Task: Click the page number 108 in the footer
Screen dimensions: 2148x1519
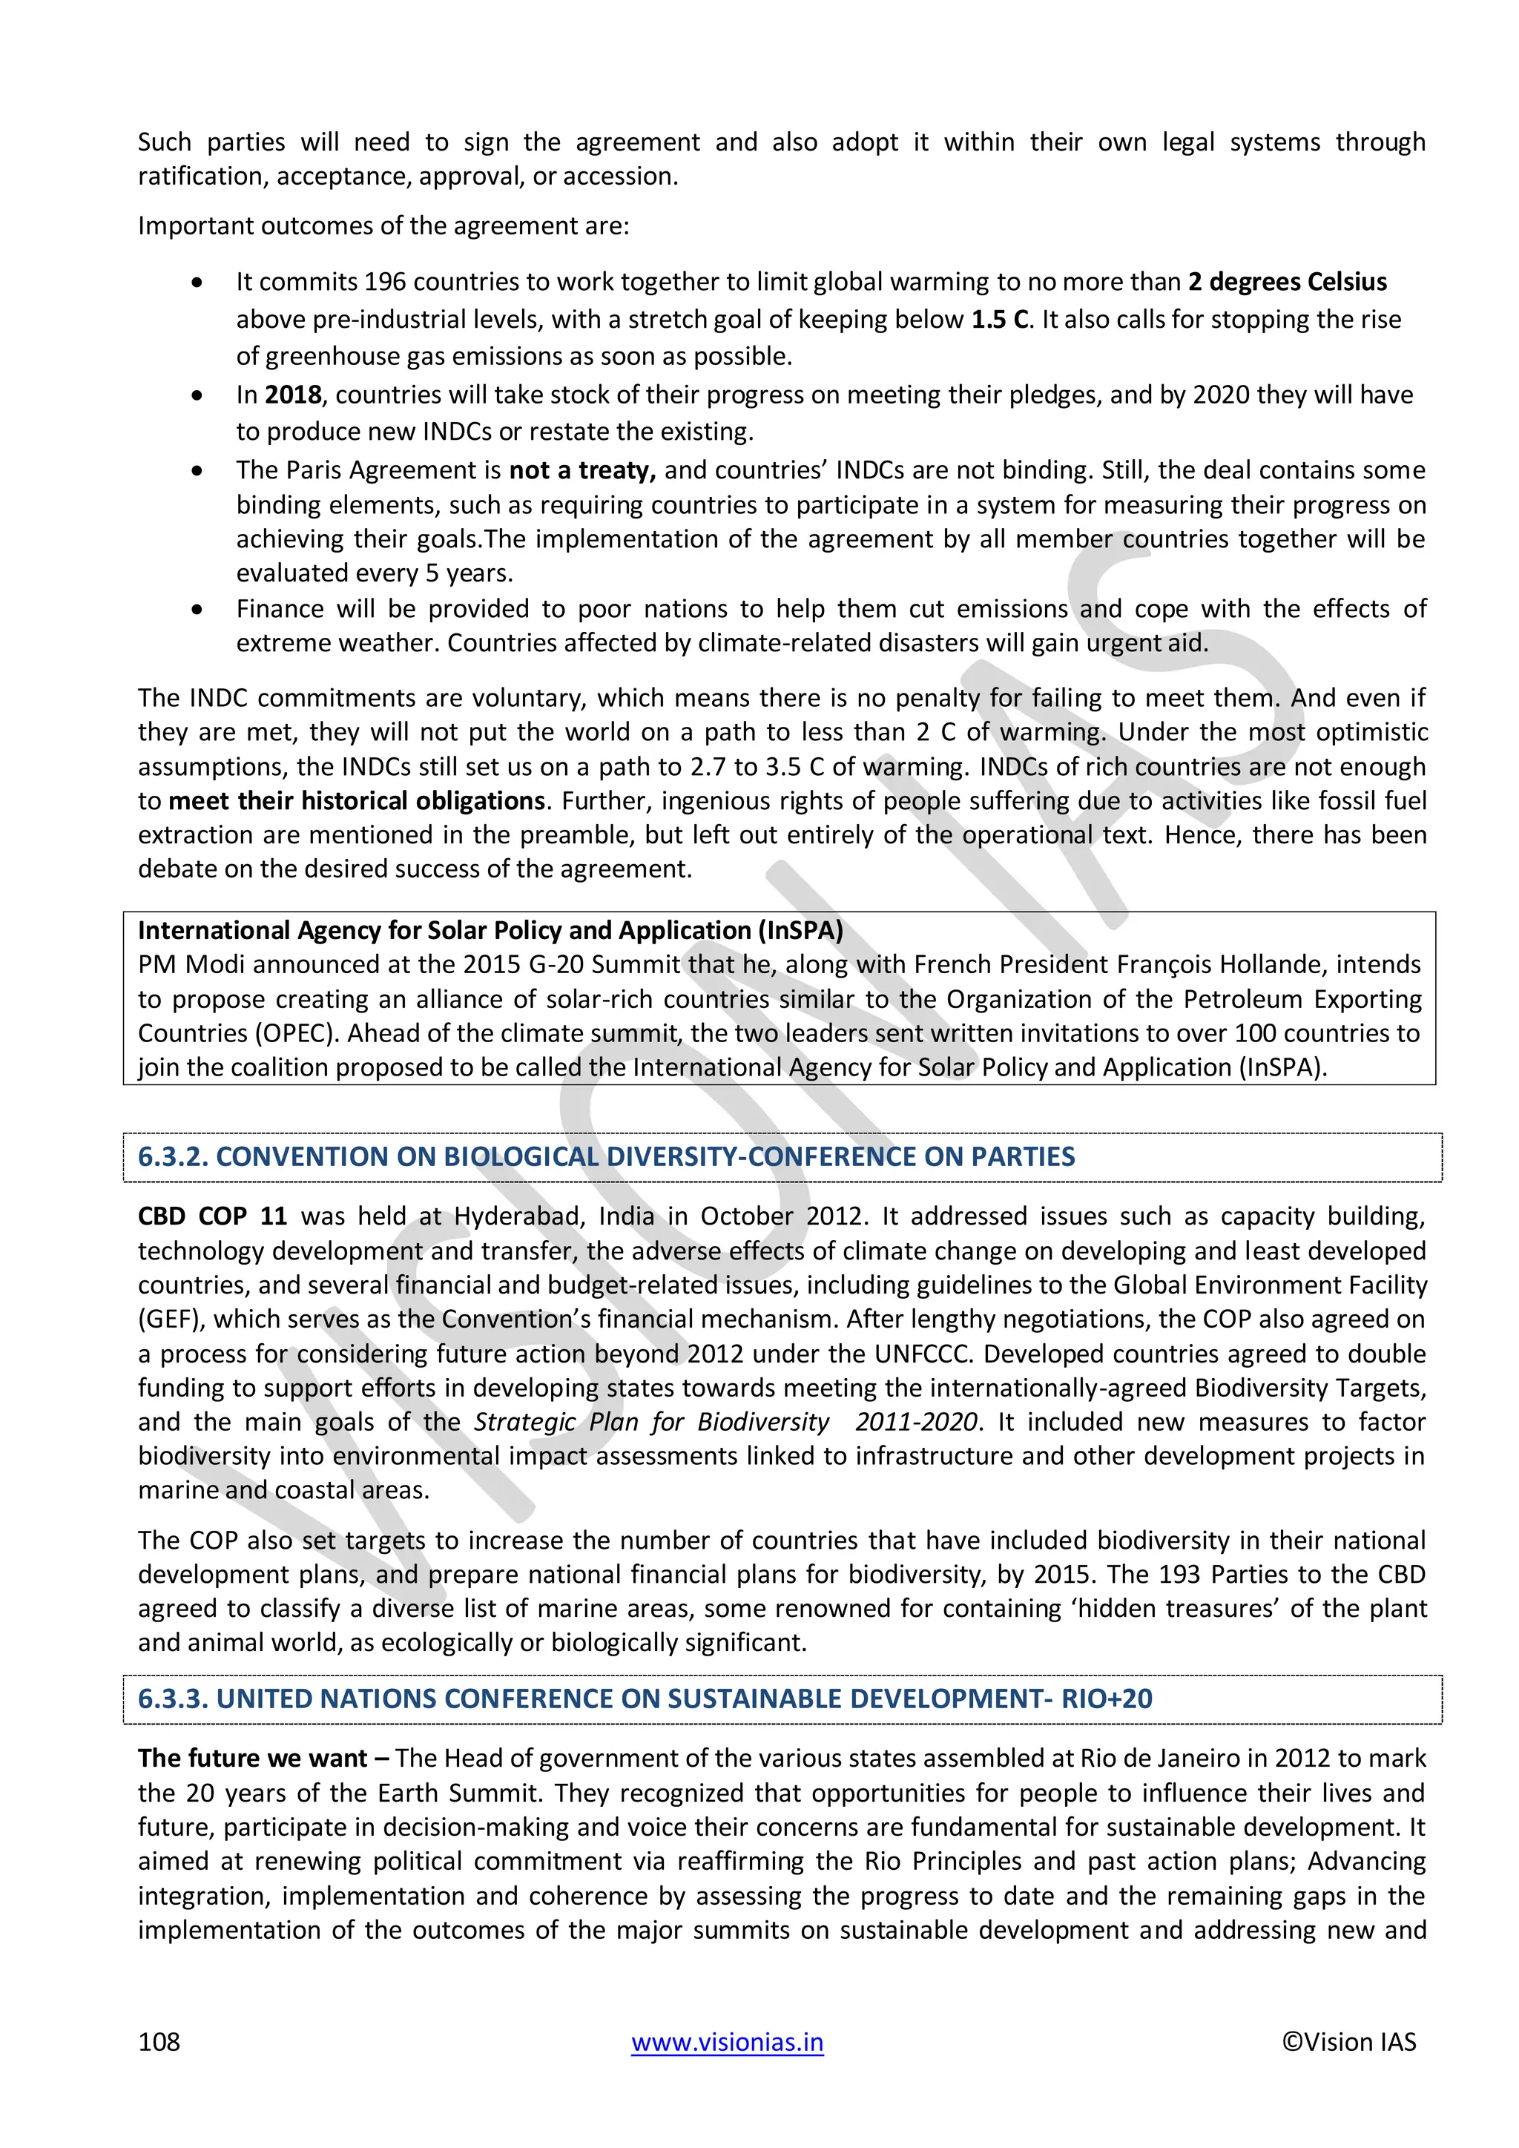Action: point(159,2041)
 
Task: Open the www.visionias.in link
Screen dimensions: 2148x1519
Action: point(727,2041)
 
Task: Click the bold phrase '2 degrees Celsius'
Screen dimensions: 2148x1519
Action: point(1287,282)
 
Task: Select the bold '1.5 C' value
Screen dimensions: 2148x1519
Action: point(999,319)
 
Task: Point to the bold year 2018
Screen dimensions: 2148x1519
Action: point(293,394)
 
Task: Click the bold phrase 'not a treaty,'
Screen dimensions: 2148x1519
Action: point(581,470)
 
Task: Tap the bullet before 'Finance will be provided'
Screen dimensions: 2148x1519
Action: point(197,610)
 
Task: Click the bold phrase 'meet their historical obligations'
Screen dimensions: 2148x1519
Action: point(356,801)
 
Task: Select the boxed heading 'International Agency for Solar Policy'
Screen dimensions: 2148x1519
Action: point(490,930)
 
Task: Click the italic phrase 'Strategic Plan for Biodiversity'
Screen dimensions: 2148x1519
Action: point(651,1422)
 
